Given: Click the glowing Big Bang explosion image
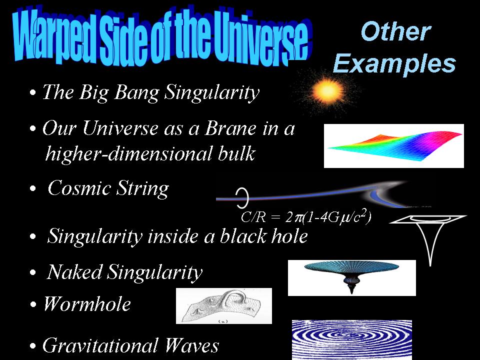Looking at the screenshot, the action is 328,90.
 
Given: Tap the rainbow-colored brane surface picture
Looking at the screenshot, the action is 394,146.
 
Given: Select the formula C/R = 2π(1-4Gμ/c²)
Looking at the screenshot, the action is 306,216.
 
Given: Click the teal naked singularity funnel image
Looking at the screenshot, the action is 351,277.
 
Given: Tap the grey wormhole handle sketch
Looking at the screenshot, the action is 224,306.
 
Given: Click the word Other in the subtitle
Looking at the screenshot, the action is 396,31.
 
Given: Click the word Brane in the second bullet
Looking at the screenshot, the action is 230,128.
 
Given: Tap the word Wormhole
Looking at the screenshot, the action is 87,304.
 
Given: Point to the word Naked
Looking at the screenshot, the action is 74,271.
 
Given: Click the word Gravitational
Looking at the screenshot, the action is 100,345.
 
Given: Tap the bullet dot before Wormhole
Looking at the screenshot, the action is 33,305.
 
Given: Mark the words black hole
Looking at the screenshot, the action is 263,236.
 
